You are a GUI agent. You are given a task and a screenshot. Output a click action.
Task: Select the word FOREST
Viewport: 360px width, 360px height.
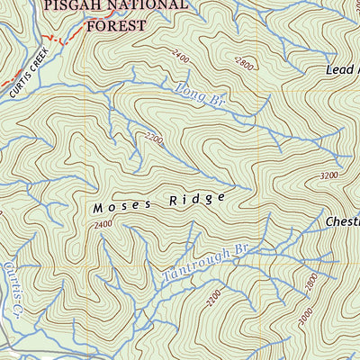(x=115, y=26)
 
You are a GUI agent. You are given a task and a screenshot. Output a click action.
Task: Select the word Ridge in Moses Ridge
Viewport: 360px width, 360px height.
(x=194, y=198)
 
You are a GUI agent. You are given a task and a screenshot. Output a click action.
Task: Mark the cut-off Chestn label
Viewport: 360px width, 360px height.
(x=342, y=221)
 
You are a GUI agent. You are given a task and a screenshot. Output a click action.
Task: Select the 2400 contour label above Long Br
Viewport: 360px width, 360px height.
(x=181, y=58)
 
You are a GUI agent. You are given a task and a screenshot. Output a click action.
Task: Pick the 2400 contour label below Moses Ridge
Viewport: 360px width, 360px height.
(x=102, y=225)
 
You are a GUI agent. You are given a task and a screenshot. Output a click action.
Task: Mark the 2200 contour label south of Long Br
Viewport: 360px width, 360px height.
(x=153, y=139)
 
